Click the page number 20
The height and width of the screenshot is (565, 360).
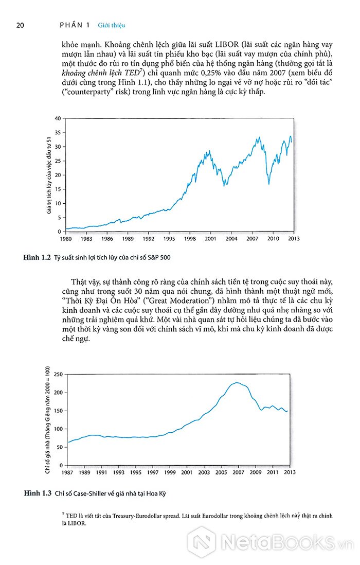pyautogui.click(x=20, y=25)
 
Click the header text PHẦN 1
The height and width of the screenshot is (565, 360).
pyautogui.click(x=75, y=25)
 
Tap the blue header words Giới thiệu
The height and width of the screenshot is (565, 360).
pyautogui.click(x=112, y=25)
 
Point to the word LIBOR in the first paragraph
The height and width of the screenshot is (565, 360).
pyautogui.click(x=227, y=45)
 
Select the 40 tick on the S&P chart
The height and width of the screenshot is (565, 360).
pyautogui.click(x=58, y=118)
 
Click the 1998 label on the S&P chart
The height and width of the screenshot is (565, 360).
pyautogui.click(x=190, y=239)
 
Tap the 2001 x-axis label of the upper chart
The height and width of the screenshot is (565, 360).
pyautogui.click(x=211, y=239)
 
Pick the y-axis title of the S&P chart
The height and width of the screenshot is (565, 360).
pyautogui.click(x=48, y=175)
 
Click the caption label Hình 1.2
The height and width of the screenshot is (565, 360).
pyautogui.click(x=37, y=257)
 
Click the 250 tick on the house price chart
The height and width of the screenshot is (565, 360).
pyautogui.click(x=58, y=374)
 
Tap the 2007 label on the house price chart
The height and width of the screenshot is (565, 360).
pyautogui.click(x=238, y=472)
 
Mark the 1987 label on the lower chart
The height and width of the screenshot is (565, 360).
pyautogui.click(x=67, y=472)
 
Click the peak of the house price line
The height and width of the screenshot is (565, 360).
pyautogui.click(x=237, y=383)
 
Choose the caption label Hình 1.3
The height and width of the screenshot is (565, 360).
pyautogui.click(x=38, y=493)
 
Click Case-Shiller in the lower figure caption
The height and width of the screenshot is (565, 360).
pyautogui.click(x=90, y=493)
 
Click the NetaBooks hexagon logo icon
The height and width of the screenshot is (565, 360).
pyautogui.click(x=202, y=541)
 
